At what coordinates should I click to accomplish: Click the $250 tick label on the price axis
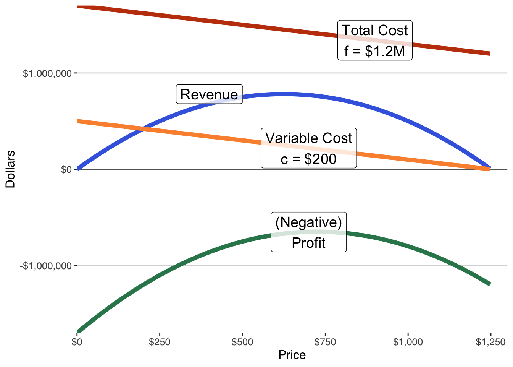[160, 342]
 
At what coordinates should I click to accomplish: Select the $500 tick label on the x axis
[242, 342]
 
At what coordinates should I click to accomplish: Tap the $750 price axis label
[325, 342]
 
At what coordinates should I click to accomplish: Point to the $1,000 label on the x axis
[408, 342]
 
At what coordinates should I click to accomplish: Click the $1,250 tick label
[490, 342]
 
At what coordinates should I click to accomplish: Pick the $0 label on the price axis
[77, 342]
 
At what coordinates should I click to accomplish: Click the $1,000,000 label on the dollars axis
[47, 73]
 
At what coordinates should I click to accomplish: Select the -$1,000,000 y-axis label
[46, 266]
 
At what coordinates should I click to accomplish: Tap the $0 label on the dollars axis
[66, 169]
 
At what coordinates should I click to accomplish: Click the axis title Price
[292, 355]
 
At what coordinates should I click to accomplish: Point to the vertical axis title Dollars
[10, 169]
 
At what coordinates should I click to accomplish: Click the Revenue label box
[209, 94]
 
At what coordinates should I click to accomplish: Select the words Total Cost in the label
[375, 31]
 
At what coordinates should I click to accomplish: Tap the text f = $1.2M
[374, 51]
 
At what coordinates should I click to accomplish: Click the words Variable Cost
[309, 138]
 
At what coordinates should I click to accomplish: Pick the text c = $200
[308, 159]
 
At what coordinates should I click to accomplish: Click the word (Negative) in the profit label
[308, 222]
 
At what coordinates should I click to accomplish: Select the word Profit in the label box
[308, 243]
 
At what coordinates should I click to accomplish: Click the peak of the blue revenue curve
[284, 94]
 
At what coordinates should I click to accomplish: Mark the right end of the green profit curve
[490, 284]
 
